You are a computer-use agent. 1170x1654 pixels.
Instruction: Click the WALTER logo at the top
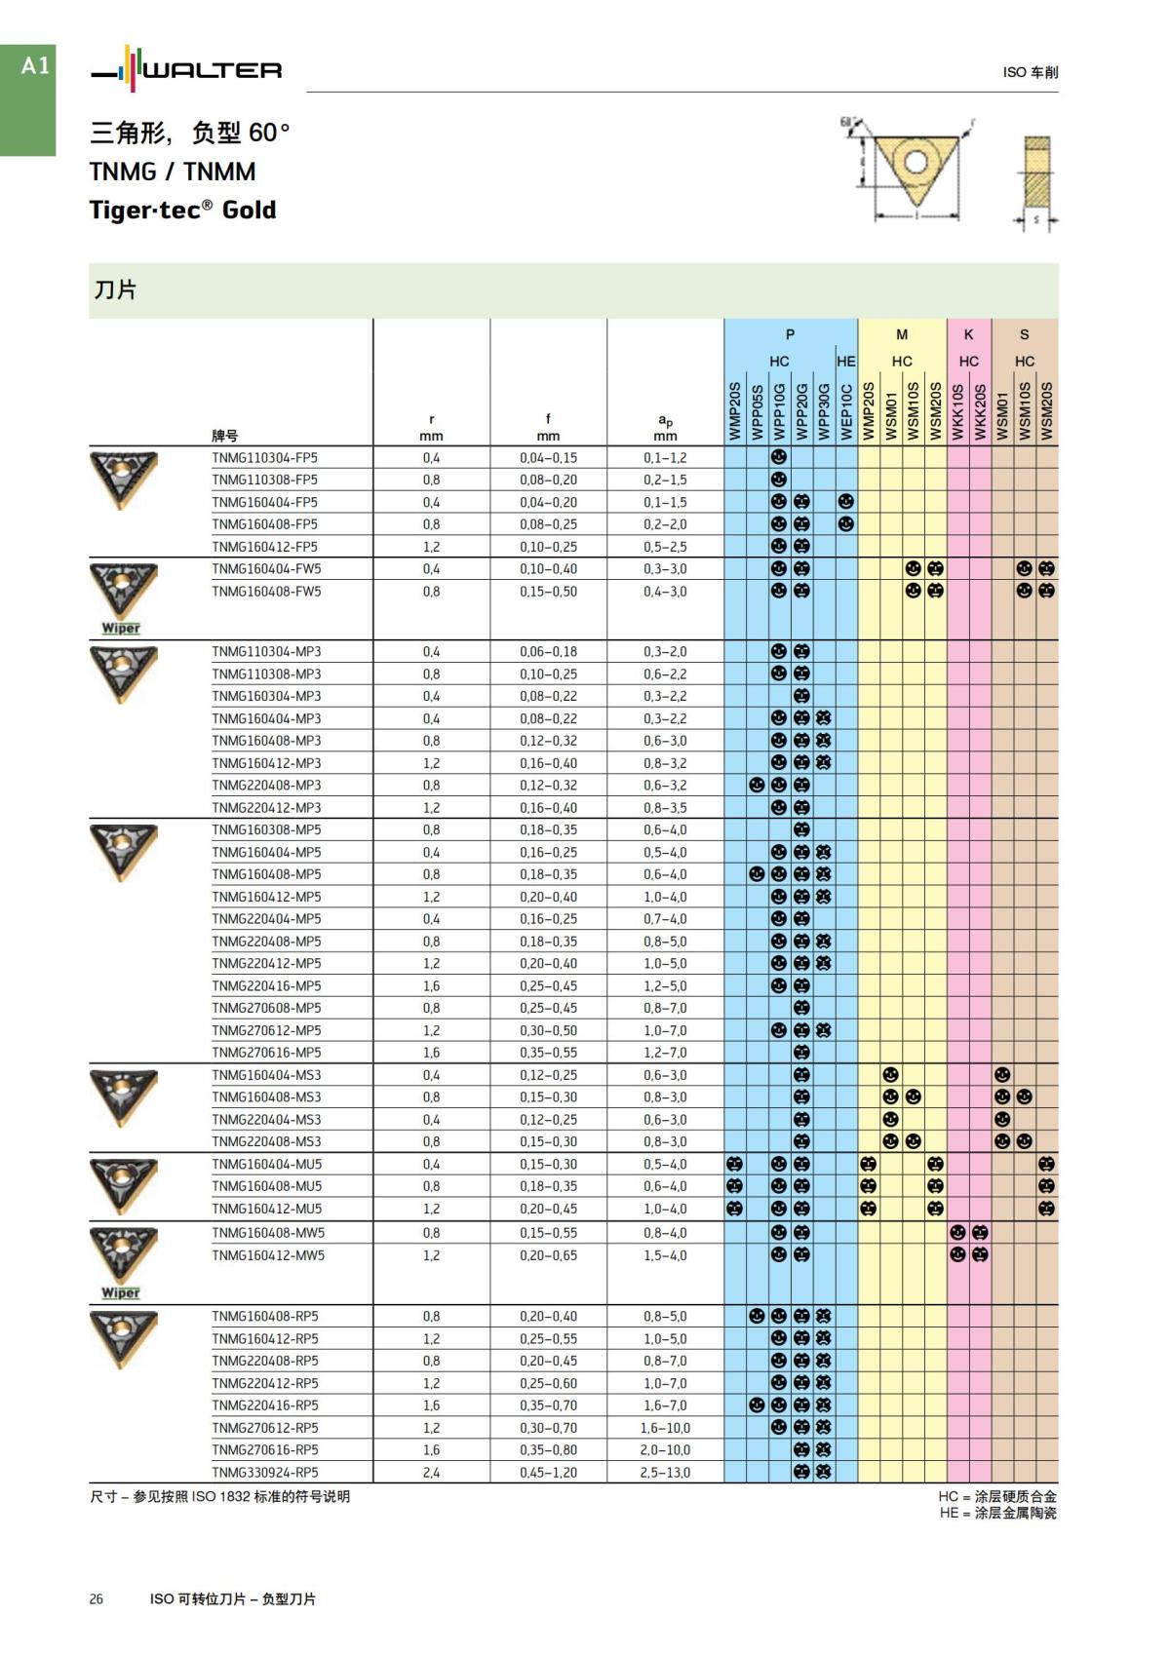pyautogui.click(x=186, y=70)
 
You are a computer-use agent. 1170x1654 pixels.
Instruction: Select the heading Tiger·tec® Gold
pyautogui.click(x=183, y=210)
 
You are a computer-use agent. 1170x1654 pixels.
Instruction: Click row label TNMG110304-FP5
pyautogui.click(x=264, y=457)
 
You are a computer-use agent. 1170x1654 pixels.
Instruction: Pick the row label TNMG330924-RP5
pyautogui.click(x=265, y=1472)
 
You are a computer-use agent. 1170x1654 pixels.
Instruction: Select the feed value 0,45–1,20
pyautogui.click(x=548, y=1472)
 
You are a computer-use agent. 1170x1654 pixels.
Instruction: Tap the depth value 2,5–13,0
pyautogui.click(x=665, y=1472)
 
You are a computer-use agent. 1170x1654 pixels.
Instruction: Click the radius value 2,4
pyautogui.click(x=431, y=1472)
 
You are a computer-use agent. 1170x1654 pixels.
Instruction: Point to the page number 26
pyautogui.click(x=96, y=1598)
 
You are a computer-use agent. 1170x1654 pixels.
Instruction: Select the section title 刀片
pyautogui.click(x=115, y=289)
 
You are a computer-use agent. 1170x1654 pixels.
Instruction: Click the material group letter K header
pyautogui.click(x=968, y=334)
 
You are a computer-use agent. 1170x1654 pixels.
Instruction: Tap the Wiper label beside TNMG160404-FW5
pyautogui.click(x=121, y=629)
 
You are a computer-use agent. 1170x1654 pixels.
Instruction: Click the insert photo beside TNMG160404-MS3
pyautogui.click(x=122, y=1096)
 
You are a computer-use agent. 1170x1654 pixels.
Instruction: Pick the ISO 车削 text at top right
pyautogui.click(x=1030, y=72)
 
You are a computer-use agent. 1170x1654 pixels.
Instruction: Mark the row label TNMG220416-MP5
pyautogui.click(x=266, y=985)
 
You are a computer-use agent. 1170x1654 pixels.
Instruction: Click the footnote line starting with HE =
pyautogui.click(x=997, y=1513)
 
